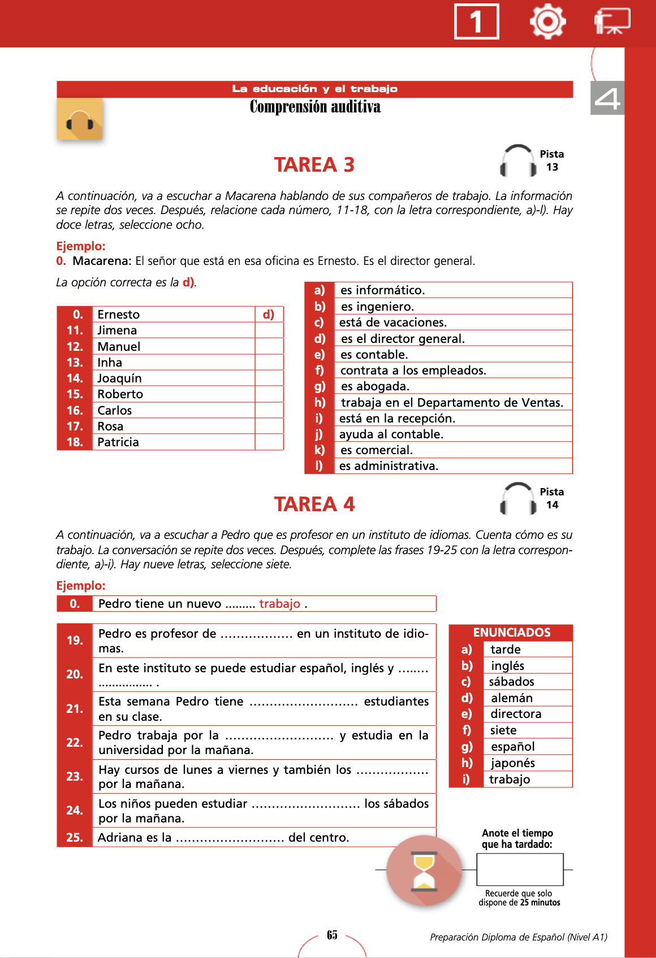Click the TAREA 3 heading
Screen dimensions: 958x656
314,164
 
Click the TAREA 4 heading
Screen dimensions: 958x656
314,504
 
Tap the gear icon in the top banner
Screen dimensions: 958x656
547,21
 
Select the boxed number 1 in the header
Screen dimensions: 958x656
476,22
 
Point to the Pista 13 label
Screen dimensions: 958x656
551,160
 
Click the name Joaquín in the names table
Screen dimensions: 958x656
119,378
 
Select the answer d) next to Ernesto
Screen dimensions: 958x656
269,315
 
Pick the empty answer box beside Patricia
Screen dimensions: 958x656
269,442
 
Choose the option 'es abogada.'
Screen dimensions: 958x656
375,386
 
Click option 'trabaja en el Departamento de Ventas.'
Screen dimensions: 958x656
452,403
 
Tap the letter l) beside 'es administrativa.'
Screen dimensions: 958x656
319,466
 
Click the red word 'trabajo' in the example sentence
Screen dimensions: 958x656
279,604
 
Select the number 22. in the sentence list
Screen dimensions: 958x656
75,743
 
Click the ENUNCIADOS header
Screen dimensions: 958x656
511,633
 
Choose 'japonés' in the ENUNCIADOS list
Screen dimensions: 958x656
513,763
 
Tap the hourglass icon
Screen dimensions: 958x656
424,870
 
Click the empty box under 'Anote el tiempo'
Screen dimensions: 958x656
520,869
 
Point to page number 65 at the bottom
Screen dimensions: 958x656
332,935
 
